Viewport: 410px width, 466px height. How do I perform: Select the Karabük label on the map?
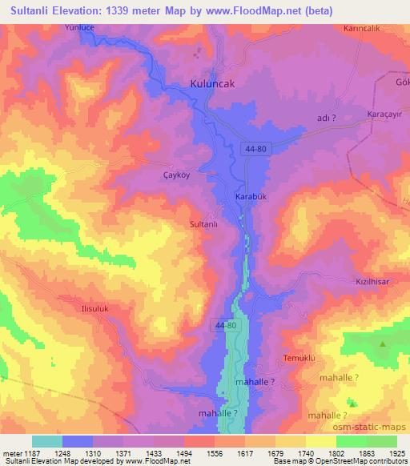point(249,197)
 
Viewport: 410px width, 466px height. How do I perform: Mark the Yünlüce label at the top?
point(80,27)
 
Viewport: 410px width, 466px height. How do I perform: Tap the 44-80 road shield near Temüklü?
point(226,326)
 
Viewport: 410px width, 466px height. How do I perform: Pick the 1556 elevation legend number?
point(215,452)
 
